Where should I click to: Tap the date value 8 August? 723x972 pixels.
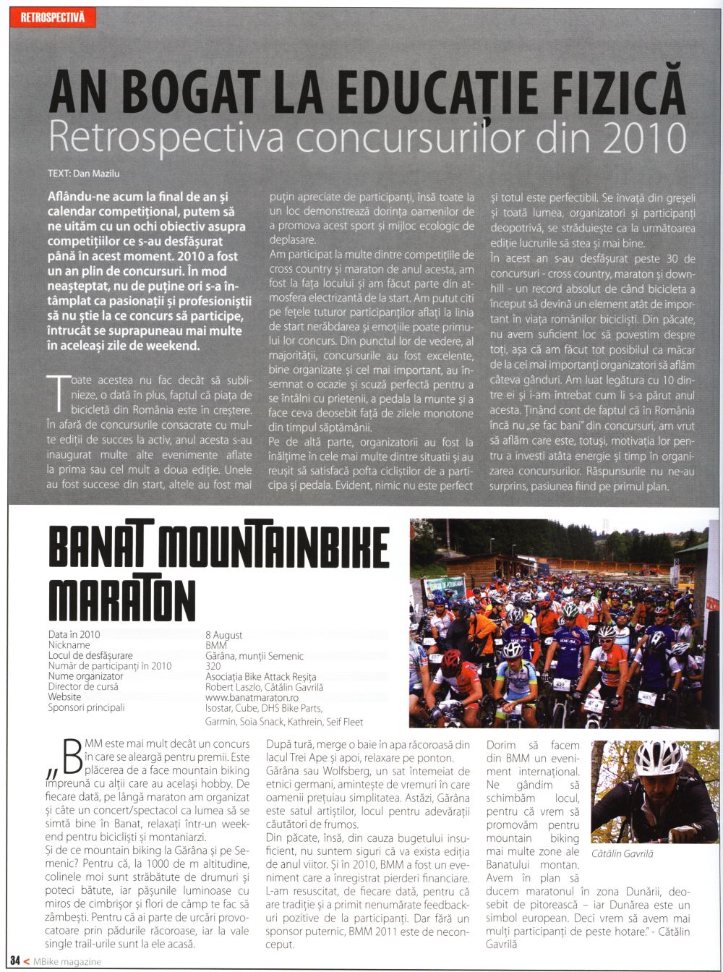click(x=224, y=635)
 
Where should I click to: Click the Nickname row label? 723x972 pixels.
click(x=69, y=645)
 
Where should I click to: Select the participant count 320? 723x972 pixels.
click(x=213, y=666)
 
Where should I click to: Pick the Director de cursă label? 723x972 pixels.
click(x=83, y=687)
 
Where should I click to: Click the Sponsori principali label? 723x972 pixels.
click(x=86, y=708)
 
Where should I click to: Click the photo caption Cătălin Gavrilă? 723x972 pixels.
click(x=623, y=854)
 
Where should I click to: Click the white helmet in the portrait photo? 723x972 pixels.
click(x=658, y=757)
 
